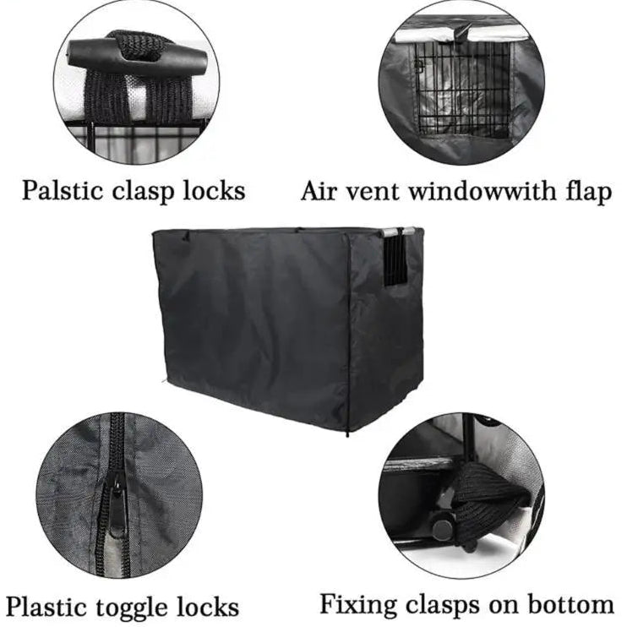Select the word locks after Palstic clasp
tap(214, 190)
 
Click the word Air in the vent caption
tap(318, 191)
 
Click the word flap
tap(586, 192)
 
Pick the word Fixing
tap(358, 604)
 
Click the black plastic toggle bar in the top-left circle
tap(139, 54)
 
